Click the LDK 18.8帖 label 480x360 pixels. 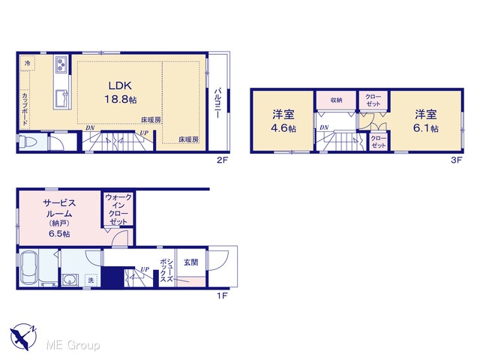click(120, 92)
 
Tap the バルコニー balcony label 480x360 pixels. click(218, 103)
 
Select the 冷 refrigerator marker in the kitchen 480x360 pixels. click(28, 63)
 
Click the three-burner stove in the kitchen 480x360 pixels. click(61, 64)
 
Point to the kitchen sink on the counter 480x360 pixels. click(61, 98)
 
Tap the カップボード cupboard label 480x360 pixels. click(25, 109)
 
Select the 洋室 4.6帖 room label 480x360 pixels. click(283, 121)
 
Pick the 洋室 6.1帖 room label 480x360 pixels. click(425, 121)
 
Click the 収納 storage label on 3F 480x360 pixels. click(336, 100)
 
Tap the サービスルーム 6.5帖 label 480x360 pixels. click(59, 218)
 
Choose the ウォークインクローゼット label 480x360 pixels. click(118, 209)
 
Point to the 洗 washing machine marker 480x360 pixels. click(91, 280)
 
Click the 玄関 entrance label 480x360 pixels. click(190, 262)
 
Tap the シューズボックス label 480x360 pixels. click(166, 271)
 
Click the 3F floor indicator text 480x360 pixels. click(456, 160)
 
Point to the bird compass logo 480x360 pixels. click(22, 337)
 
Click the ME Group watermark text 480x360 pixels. click(73, 346)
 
